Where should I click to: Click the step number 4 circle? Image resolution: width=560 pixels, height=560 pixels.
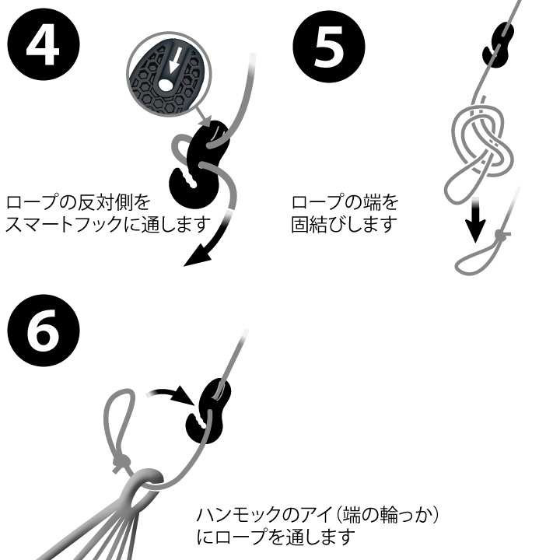44,44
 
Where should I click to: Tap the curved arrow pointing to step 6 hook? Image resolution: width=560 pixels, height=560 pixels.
171,393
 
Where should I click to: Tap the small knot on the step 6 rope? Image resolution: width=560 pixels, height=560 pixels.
120,464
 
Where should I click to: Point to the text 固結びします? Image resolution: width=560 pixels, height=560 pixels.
345,226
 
